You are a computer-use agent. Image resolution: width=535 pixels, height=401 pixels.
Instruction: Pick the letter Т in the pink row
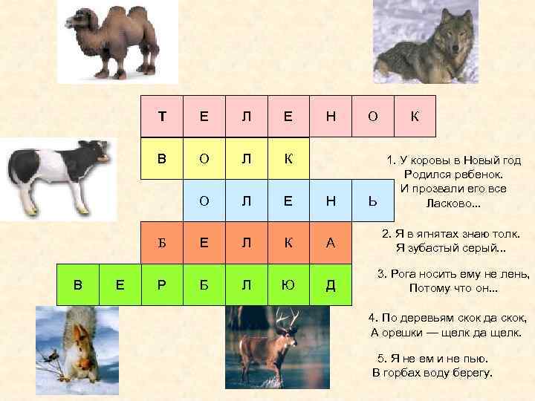pos(161,116)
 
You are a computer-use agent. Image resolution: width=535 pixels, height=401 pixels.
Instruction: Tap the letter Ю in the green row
pos(288,284)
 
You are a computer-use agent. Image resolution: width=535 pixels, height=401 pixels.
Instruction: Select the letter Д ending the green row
pos(331,284)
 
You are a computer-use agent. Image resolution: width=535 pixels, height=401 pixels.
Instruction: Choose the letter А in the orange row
pos(331,242)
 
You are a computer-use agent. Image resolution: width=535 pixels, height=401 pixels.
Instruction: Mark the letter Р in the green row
pos(161,284)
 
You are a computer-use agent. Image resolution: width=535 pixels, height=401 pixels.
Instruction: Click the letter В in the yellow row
pos(161,158)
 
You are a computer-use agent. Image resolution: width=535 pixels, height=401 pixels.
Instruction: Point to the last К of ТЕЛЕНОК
pos(415,116)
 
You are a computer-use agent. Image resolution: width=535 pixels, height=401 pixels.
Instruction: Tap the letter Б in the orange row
pos(161,242)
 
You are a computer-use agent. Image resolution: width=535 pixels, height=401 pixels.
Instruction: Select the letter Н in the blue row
pos(331,200)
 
